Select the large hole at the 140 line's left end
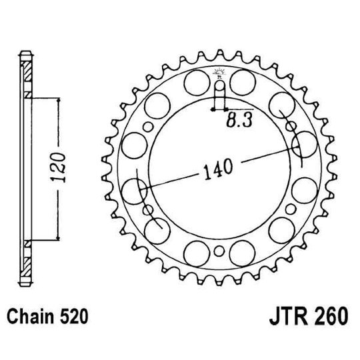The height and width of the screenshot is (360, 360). (x=135, y=189)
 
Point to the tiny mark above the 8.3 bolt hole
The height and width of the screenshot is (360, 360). (x=219, y=72)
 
